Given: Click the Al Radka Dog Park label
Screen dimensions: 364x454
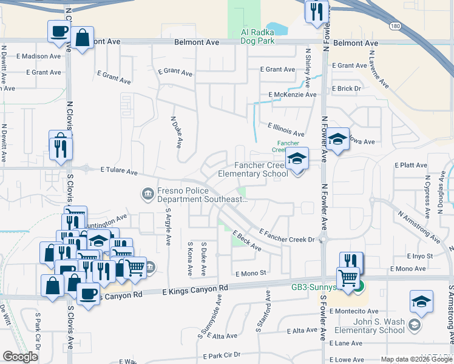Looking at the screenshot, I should (258, 36).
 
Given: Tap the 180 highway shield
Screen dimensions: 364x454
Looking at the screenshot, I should (396, 27).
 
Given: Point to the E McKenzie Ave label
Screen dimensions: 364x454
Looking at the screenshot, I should (293, 95).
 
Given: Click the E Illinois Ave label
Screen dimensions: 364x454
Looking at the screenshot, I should (286, 129).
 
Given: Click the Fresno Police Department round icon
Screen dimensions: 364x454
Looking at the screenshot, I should (147, 194).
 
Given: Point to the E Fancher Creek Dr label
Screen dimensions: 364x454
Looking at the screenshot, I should (288, 235).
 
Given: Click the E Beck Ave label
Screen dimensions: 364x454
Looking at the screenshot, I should (246, 241).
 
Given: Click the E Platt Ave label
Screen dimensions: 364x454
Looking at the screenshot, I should (412, 165).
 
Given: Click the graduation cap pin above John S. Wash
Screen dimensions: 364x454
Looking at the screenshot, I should (421, 302).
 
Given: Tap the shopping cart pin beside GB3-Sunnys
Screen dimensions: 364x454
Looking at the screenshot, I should (348, 278).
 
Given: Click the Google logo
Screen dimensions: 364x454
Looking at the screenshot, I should (20, 357).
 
